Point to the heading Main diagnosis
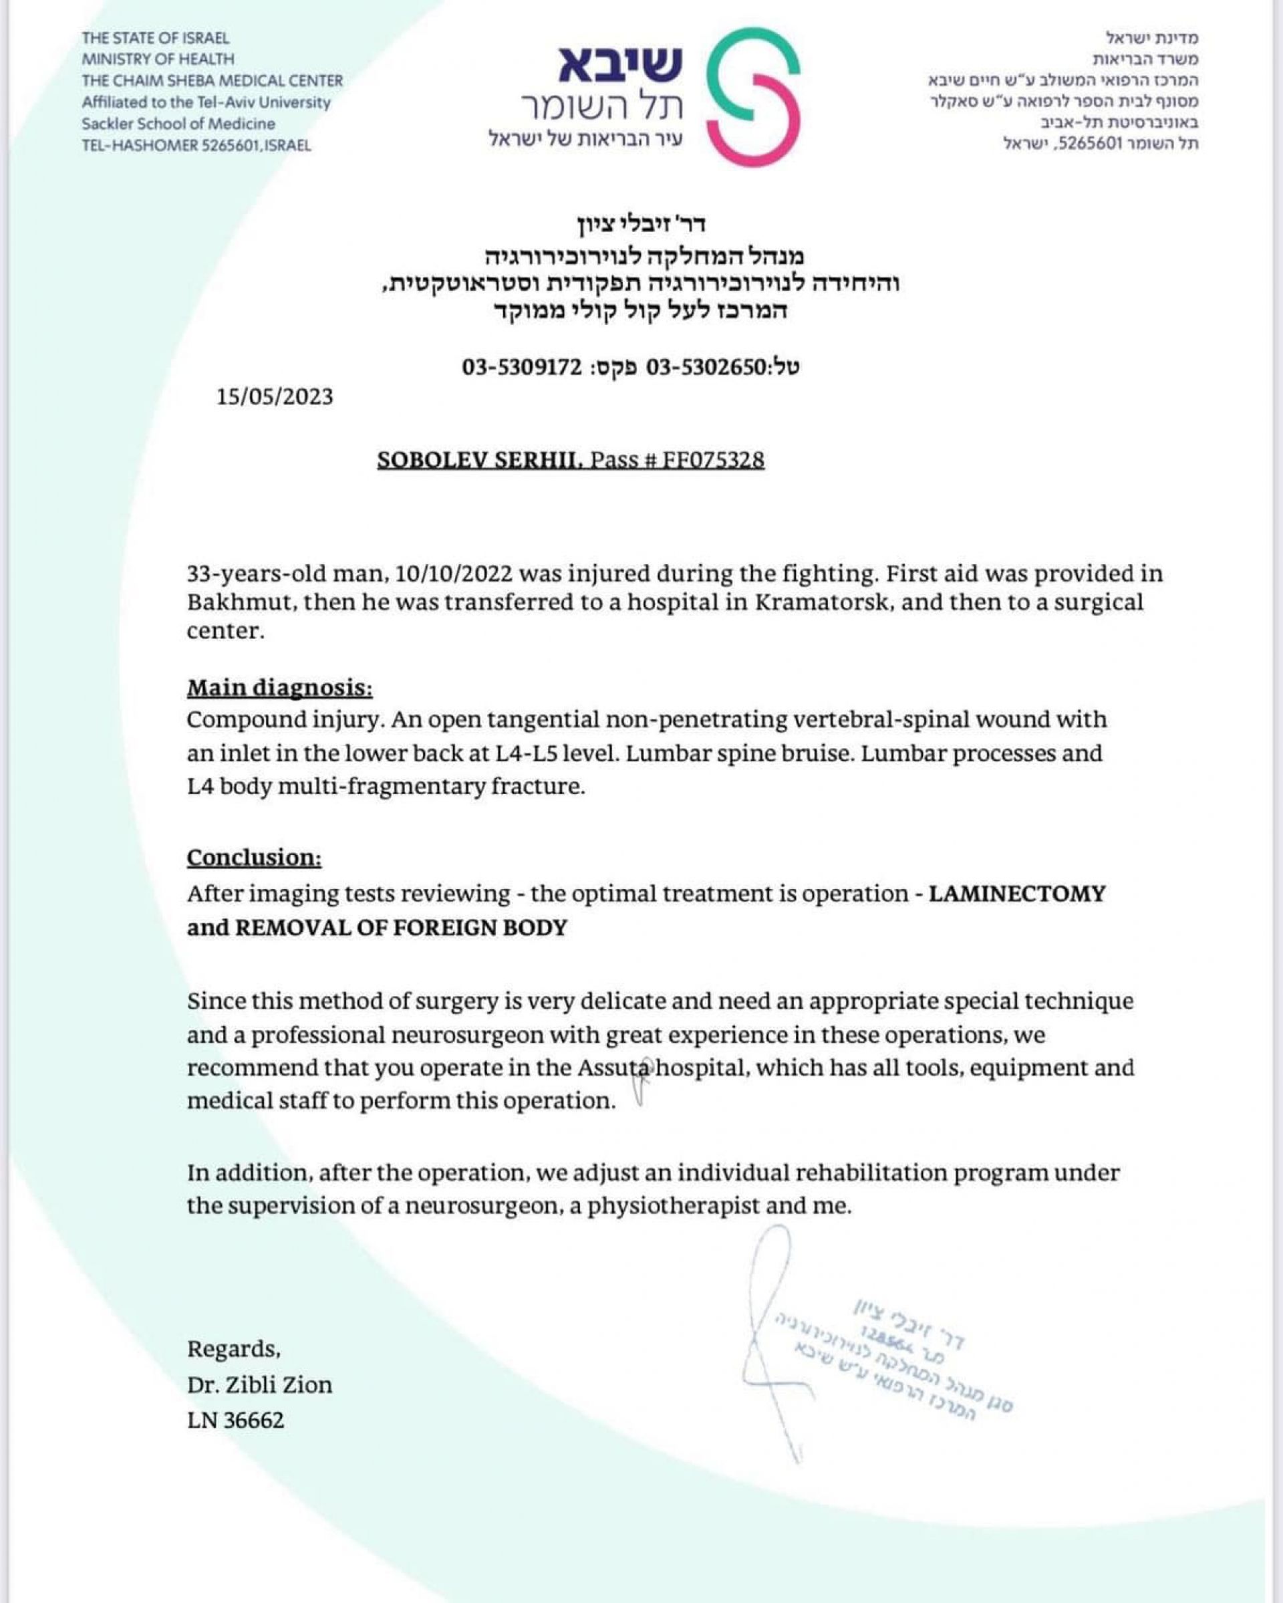tap(279, 688)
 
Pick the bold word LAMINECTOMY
tap(1017, 893)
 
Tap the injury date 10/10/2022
tap(454, 574)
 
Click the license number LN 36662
tap(236, 1420)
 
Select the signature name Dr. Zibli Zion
tap(259, 1384)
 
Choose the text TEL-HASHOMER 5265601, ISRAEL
tap(196, 145)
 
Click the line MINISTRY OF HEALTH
tap(158, 59)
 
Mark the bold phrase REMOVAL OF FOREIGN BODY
tap(402, 928)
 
